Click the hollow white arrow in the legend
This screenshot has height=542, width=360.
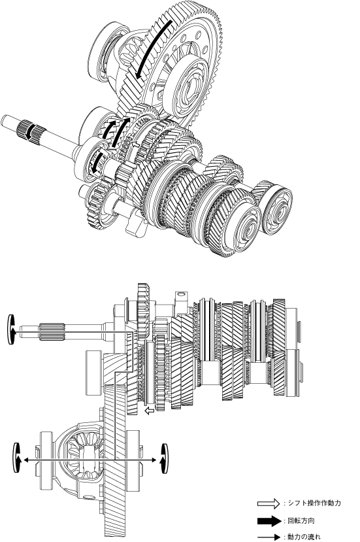(269, 503)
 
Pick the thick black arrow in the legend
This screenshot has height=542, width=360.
(269, 521)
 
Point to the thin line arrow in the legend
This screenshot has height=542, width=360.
(269, 537)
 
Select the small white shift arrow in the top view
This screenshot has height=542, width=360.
(136, 144)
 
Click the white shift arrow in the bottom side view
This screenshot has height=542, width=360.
(150, 411)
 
